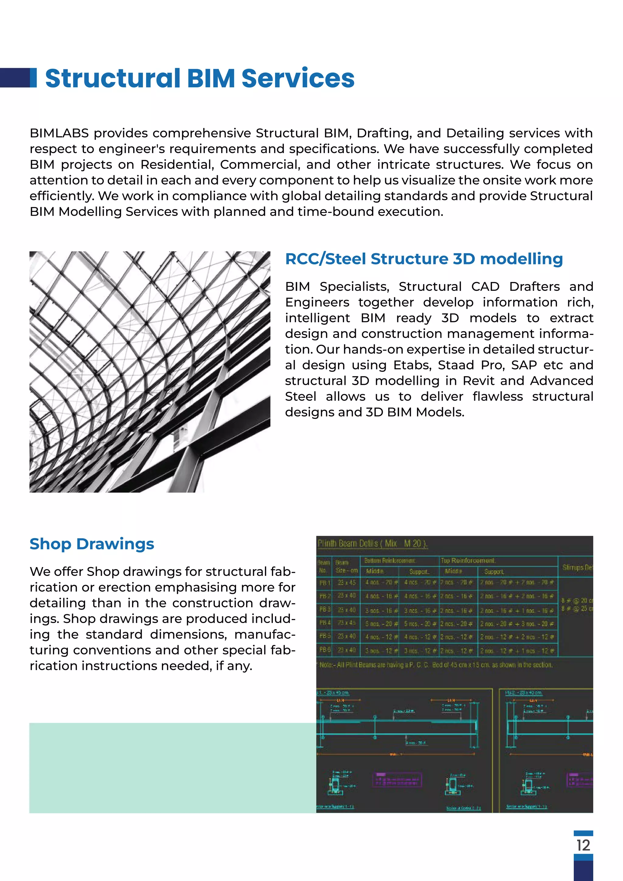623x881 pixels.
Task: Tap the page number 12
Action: tap(583, 845)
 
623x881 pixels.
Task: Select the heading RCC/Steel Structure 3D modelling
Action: tap(424, 259)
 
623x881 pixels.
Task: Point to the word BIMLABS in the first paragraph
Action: tap(59, 134)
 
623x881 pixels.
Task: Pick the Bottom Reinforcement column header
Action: tap(389, 561)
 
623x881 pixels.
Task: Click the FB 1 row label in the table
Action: tap(324, 583)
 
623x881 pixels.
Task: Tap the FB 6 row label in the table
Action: tap(324, 650)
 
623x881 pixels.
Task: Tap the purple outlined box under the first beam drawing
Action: tap(397, 780)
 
